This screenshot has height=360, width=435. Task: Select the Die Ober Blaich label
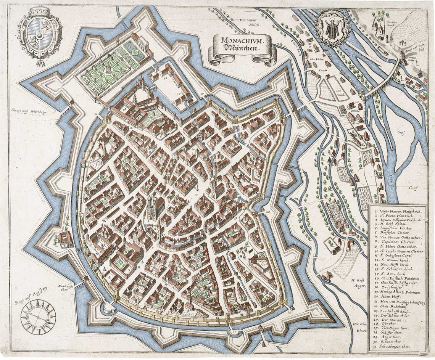click(360, 327)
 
